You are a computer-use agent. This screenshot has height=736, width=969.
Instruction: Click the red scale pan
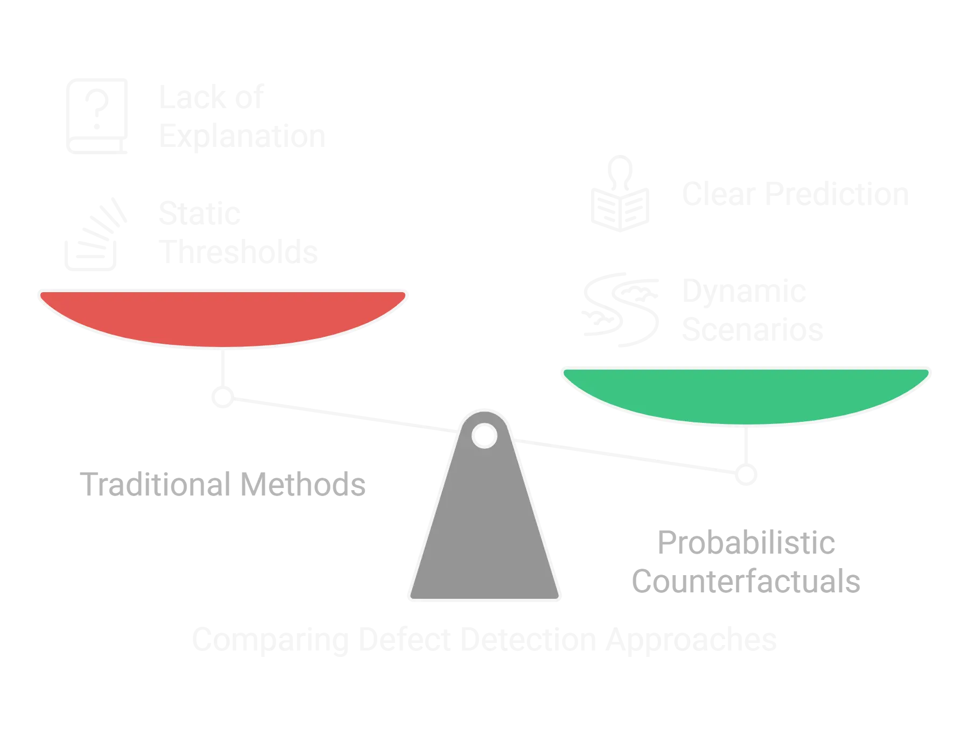(222, 317)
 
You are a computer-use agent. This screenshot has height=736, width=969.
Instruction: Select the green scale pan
(747, 394)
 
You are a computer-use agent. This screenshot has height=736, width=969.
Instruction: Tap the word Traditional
(156, 485)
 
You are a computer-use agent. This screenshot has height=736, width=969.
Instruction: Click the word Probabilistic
(746, 543)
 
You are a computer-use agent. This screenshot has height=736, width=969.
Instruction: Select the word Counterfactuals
(746, 582)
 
